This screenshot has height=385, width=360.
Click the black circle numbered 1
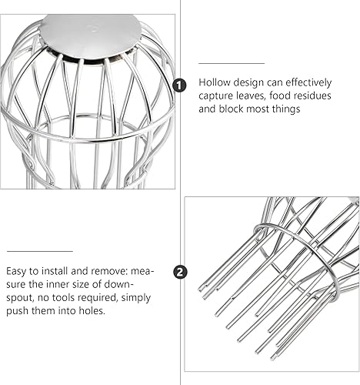tap(179, 85)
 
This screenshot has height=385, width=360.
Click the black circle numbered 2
tap(180, 272)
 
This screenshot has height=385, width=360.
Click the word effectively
tap(308, 82)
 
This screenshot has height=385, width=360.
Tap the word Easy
tap(16, 271)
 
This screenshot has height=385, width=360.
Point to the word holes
tap(92, 311)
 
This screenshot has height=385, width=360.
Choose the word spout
tap(19, 298)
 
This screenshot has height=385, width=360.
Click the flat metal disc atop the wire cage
tap(90, 35)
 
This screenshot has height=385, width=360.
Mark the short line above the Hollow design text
tap(232, 63)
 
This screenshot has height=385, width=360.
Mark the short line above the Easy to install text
tap(40, 251)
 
